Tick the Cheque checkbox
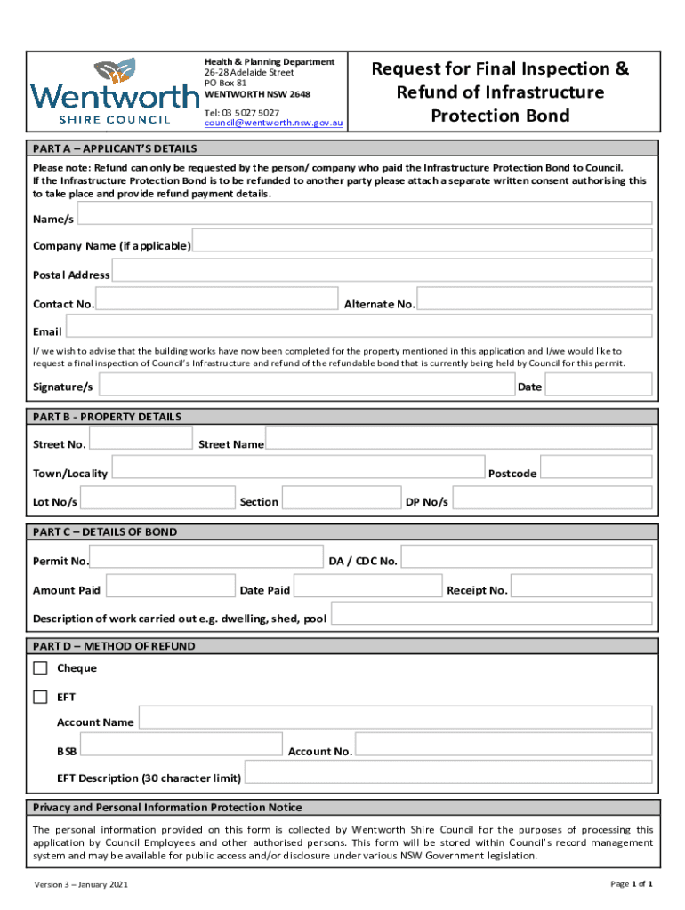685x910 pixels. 40,668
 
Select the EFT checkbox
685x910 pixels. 40,698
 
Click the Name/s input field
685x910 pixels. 365,213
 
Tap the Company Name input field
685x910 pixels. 423,242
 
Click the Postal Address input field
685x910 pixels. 382,271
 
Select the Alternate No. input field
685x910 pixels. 535,299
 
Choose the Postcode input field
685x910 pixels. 596,468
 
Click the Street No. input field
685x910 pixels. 141,439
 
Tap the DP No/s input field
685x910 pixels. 552,498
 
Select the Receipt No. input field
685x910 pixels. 582,587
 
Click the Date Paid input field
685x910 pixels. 367,587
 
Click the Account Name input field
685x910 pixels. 395,718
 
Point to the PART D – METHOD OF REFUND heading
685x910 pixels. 114,646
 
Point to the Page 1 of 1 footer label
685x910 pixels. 632,884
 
